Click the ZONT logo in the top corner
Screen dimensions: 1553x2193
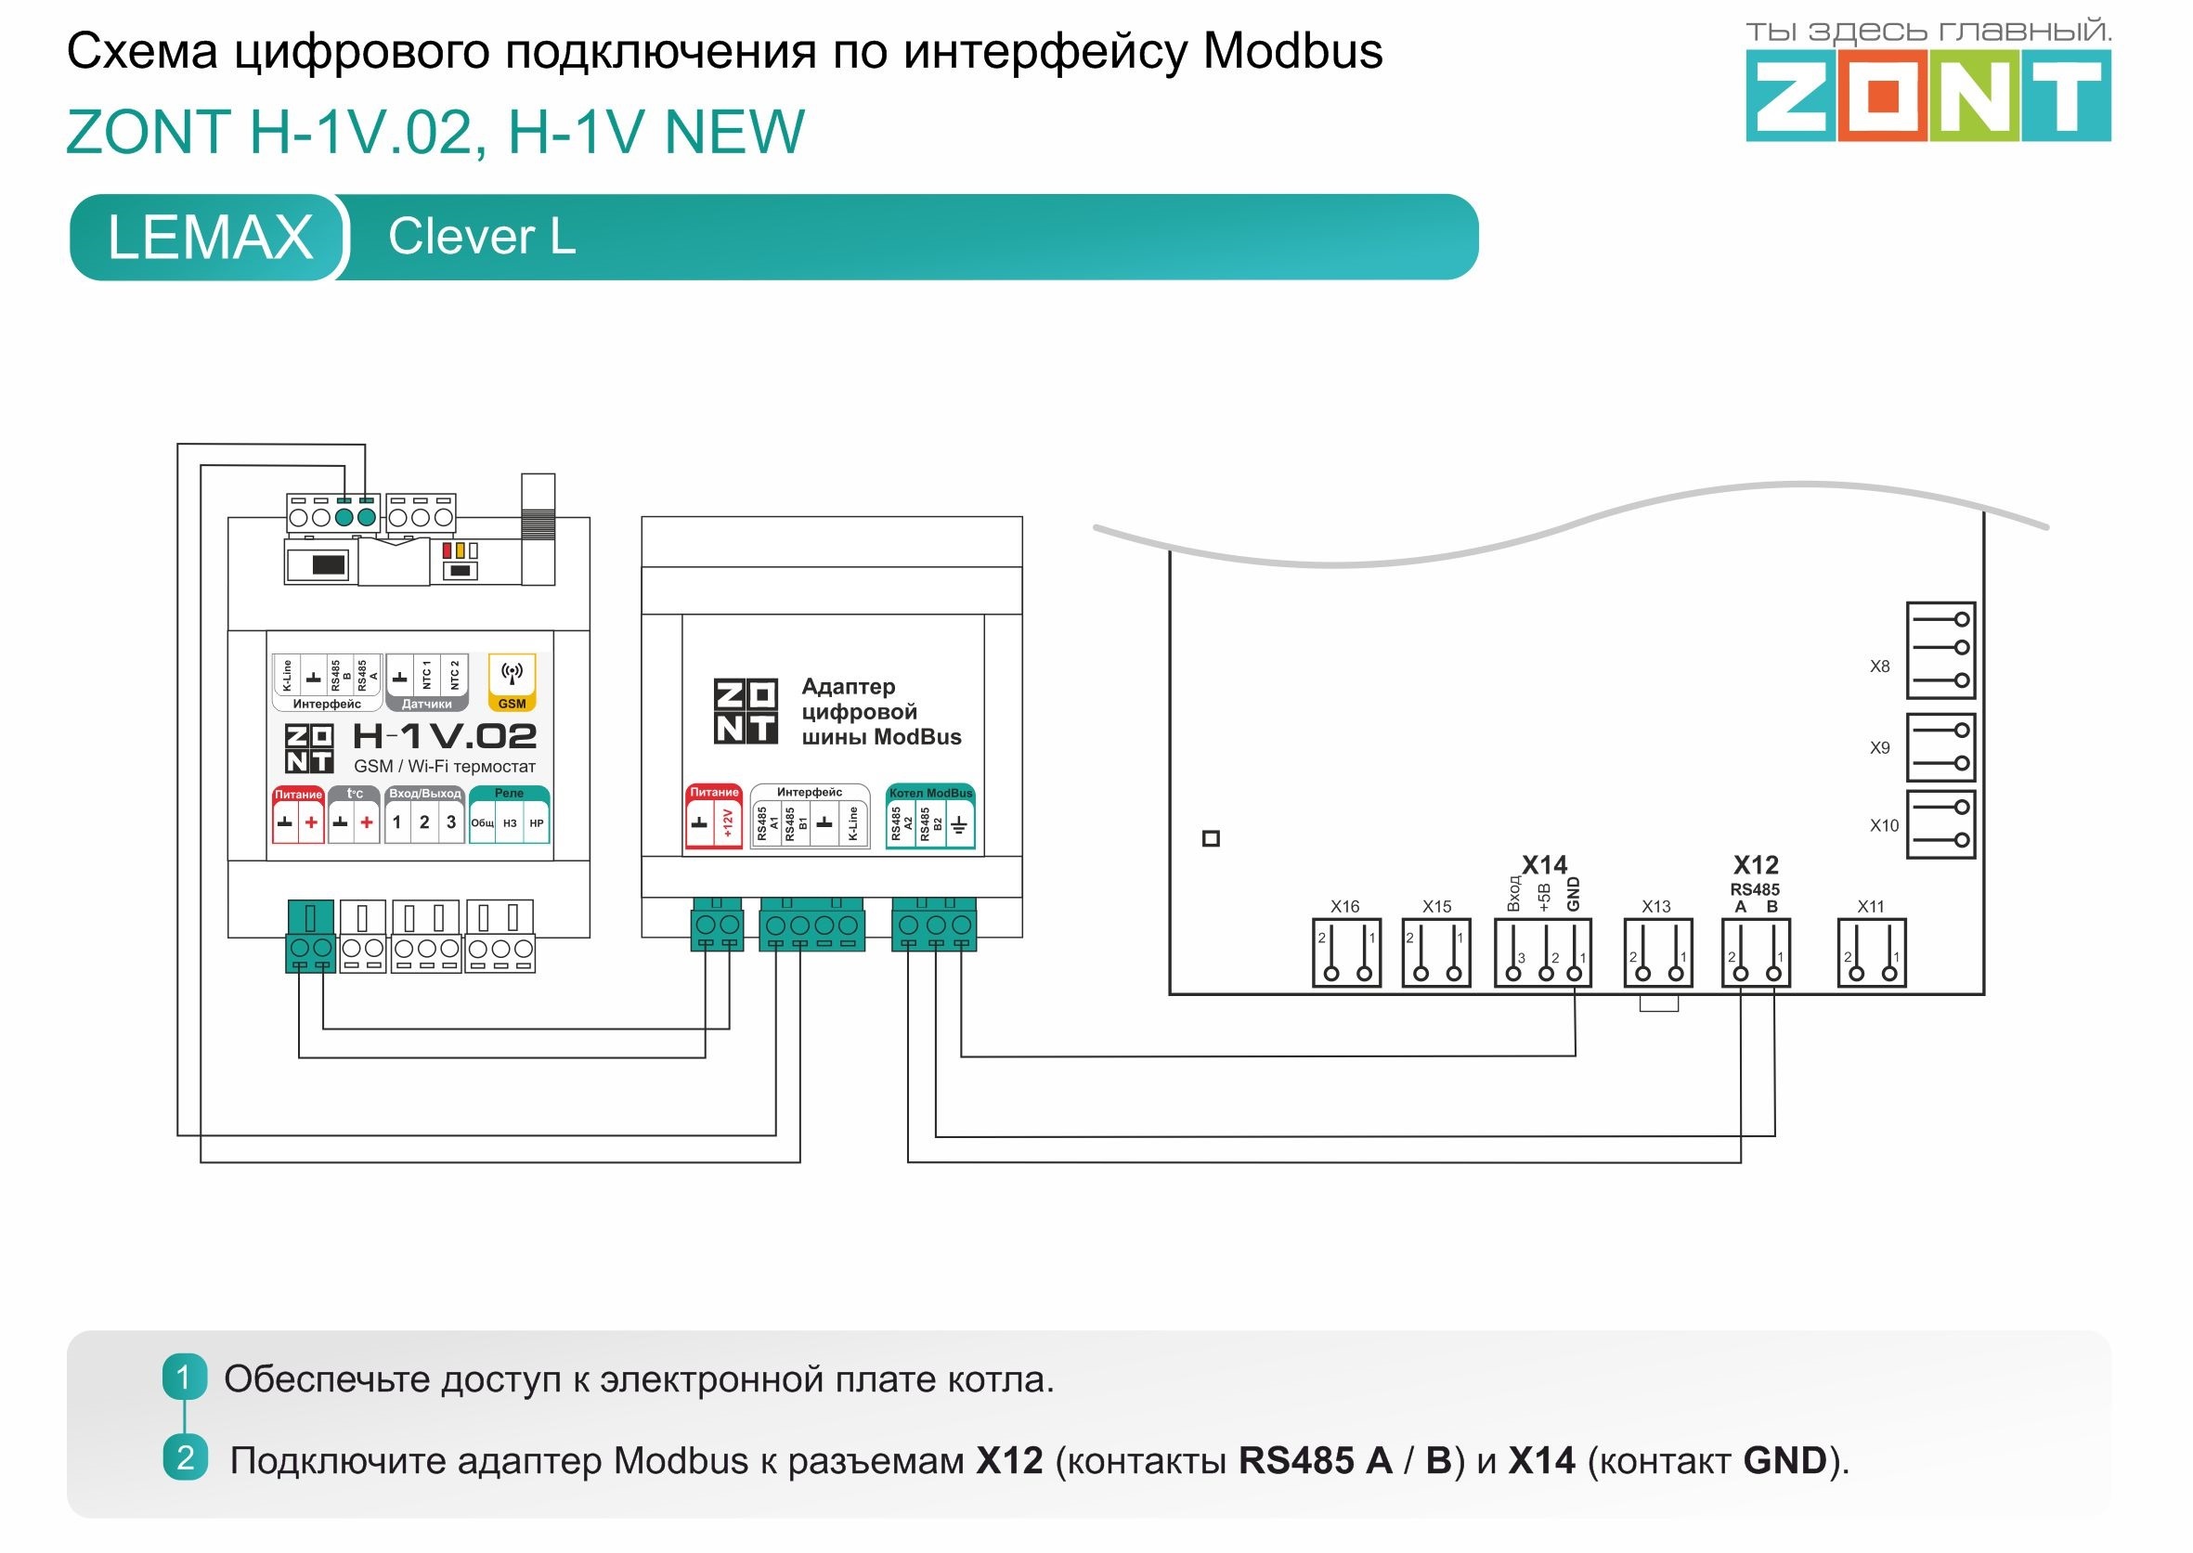click(1927, 96)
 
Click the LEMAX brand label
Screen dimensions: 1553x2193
click(210, 237)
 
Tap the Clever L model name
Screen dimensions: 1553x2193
click(482, 236)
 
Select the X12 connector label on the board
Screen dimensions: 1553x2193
click(1755, 865)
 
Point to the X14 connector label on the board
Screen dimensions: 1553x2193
click(1545, 865)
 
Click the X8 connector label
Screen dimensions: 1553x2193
click(1879, 666)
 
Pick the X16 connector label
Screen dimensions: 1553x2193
click(1343, 907)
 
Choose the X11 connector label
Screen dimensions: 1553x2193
click(1870, 907)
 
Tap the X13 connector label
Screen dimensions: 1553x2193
click(1655, 907)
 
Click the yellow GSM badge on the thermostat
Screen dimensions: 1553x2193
click(512, 704)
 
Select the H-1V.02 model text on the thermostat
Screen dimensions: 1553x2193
click(445, 736)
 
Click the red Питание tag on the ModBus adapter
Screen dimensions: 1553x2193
click(714, 792)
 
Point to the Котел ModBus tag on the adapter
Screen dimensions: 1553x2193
click(929, 793)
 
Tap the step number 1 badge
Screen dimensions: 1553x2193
click(185, 1378)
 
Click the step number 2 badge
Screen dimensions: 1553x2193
click(185, 1458)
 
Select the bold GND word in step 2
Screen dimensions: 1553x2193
click(1784, 1461)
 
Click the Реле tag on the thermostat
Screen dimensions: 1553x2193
click(509, 793)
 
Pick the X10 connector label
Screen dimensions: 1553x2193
click(1884, 825)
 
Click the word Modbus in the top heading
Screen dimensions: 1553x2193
click(1292, 52)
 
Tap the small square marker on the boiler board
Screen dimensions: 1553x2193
click(1211, 838)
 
